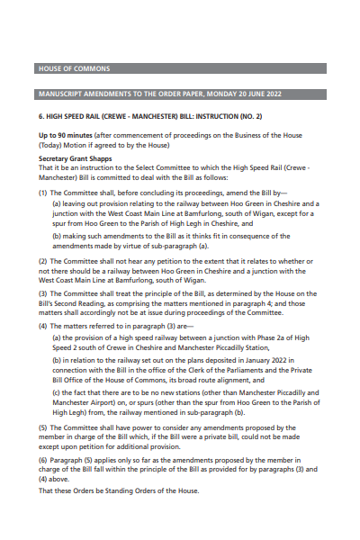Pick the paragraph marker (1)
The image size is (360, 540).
point(43,193)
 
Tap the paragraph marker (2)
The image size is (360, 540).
point(43,261)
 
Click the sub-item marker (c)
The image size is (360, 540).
point(58,392)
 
